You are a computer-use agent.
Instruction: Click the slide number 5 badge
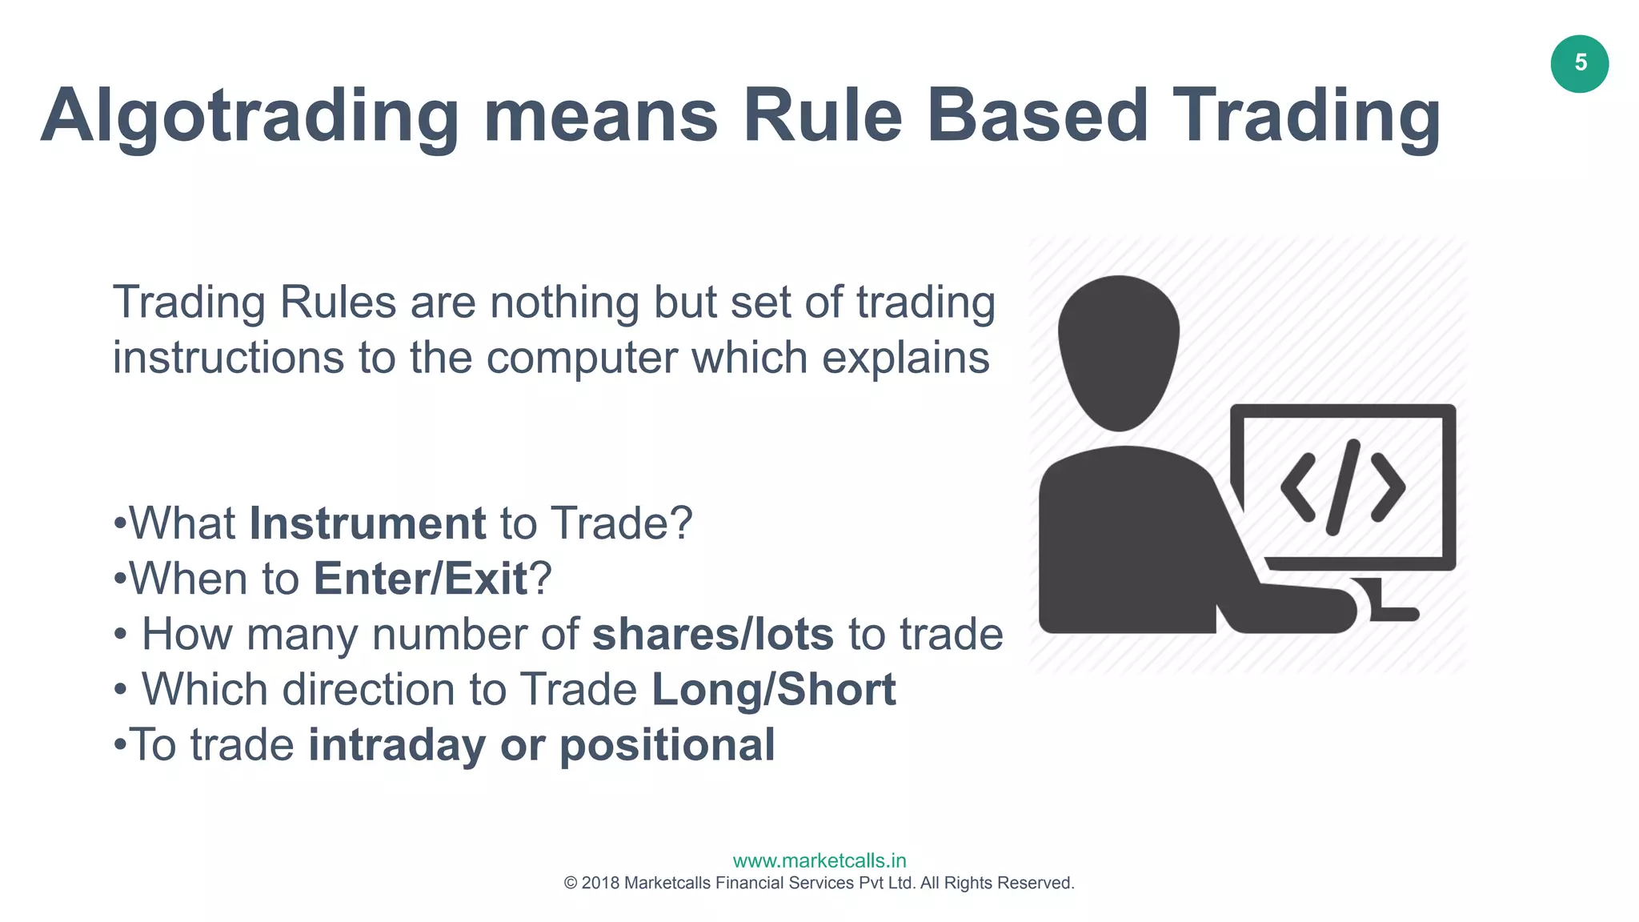click(x=1580, y=64)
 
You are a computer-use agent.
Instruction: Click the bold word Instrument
click(x=367, y=523)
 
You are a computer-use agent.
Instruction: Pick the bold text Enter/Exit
click(x=420, y=579)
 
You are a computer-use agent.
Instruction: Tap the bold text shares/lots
click(x=712, y=634)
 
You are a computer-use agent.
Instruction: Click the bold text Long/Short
click(x=774, y=689)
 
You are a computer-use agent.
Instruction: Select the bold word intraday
click(x=397, y=744)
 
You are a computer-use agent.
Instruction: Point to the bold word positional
click(x=667, y=744)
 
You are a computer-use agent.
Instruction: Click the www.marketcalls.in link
click(x=819, y=860)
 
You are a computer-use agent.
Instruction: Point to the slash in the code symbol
click(x=1343, y=487)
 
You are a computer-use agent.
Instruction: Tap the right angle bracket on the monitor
click(x=1389, y=487)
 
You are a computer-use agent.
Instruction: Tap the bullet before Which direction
click(x=120, y=689)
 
